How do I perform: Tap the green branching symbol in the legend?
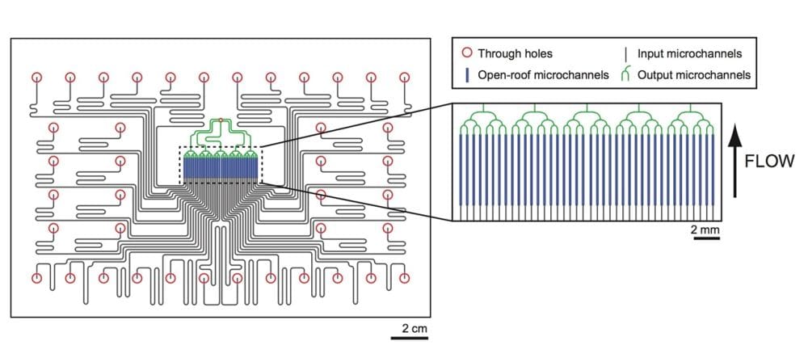625,75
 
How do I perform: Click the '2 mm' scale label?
704,233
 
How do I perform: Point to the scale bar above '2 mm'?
704,240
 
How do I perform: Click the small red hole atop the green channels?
221,120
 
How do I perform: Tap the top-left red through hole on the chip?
36,78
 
